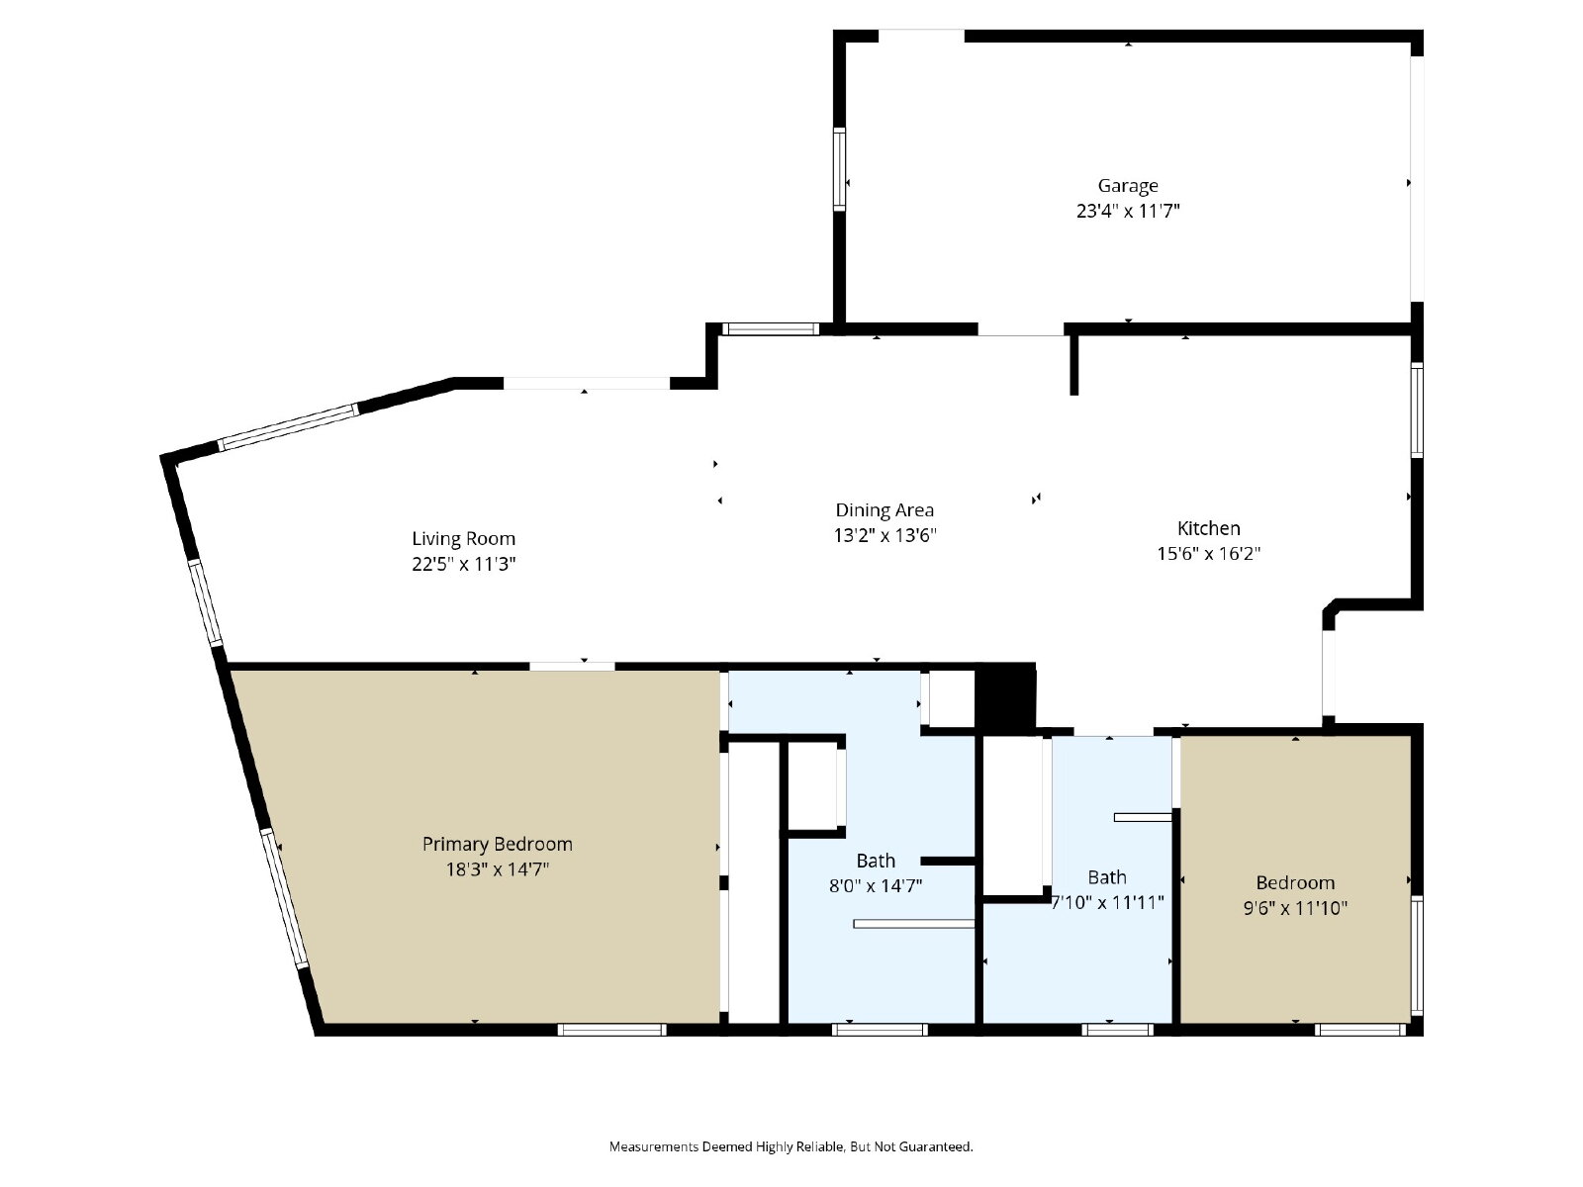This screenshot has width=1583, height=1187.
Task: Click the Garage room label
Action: coord(1127,186)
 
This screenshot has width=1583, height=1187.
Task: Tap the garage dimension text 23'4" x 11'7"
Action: coord(1127,211)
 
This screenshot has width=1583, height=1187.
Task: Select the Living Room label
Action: coord(463,539)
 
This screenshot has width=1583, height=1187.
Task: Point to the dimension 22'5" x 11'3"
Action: coord(463,564)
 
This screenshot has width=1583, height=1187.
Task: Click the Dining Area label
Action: coord(885,510)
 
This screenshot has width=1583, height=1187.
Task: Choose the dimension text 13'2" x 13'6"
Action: coord(885,535)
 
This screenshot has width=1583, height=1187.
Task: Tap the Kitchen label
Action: coord(1209,528)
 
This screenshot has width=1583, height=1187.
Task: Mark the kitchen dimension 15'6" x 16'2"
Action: coord(1209,554)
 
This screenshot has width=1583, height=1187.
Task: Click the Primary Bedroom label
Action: coord(497,844)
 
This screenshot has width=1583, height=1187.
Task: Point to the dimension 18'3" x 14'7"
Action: coord(497,869)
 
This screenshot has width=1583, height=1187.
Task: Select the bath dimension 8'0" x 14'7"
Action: coord(876,885)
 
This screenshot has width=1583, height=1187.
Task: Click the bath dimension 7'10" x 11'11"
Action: coord(1107,902)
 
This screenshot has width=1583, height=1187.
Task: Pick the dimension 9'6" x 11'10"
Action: coord(1295,908)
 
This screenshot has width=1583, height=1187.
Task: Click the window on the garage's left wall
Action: coord(839,169)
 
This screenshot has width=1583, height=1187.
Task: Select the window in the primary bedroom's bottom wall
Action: coord(611,1030)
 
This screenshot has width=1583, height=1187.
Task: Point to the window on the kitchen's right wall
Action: coord(1417,411)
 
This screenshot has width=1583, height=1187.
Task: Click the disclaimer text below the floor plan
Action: coord(791,1146)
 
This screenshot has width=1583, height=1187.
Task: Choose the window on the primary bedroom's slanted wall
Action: coord(284,899)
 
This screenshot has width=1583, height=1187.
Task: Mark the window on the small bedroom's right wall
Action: coord(1417,956)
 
